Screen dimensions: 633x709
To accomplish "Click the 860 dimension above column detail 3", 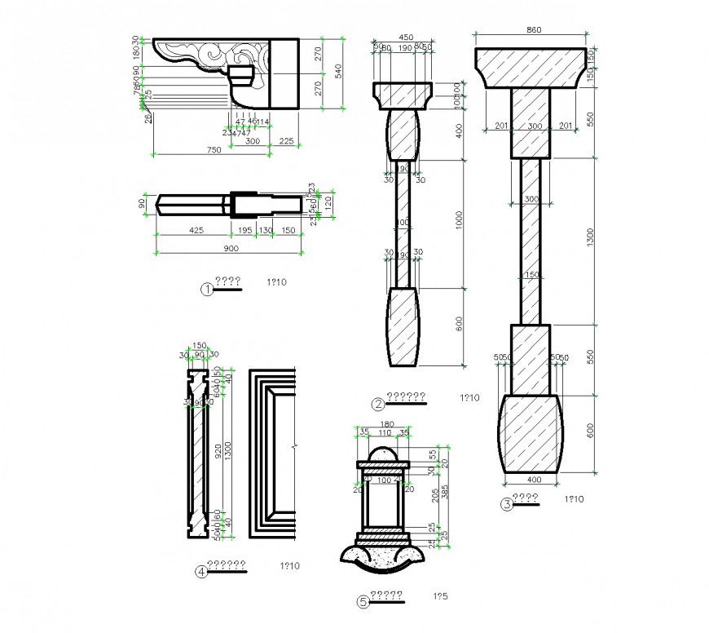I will tap(533, 30).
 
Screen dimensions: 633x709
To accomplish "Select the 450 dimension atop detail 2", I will tap(404, 37).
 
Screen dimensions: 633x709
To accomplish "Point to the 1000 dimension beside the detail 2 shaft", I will tap(459, 220).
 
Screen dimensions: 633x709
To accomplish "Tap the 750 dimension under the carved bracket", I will tap(214, 149).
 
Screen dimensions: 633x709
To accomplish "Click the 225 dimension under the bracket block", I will tap(286, 140).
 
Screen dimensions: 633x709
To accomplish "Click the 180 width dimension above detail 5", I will tap(387, 424).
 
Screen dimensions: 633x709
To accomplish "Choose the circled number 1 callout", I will tap(208, 288).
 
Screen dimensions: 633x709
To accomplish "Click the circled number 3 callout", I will tap(506, 504).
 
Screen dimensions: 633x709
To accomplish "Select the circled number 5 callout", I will tap(363, 603).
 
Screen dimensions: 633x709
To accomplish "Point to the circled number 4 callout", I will tap(200, 572).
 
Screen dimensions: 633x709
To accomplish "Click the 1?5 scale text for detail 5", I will tap(440, 598).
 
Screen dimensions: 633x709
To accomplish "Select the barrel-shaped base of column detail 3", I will tap(530, 433).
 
